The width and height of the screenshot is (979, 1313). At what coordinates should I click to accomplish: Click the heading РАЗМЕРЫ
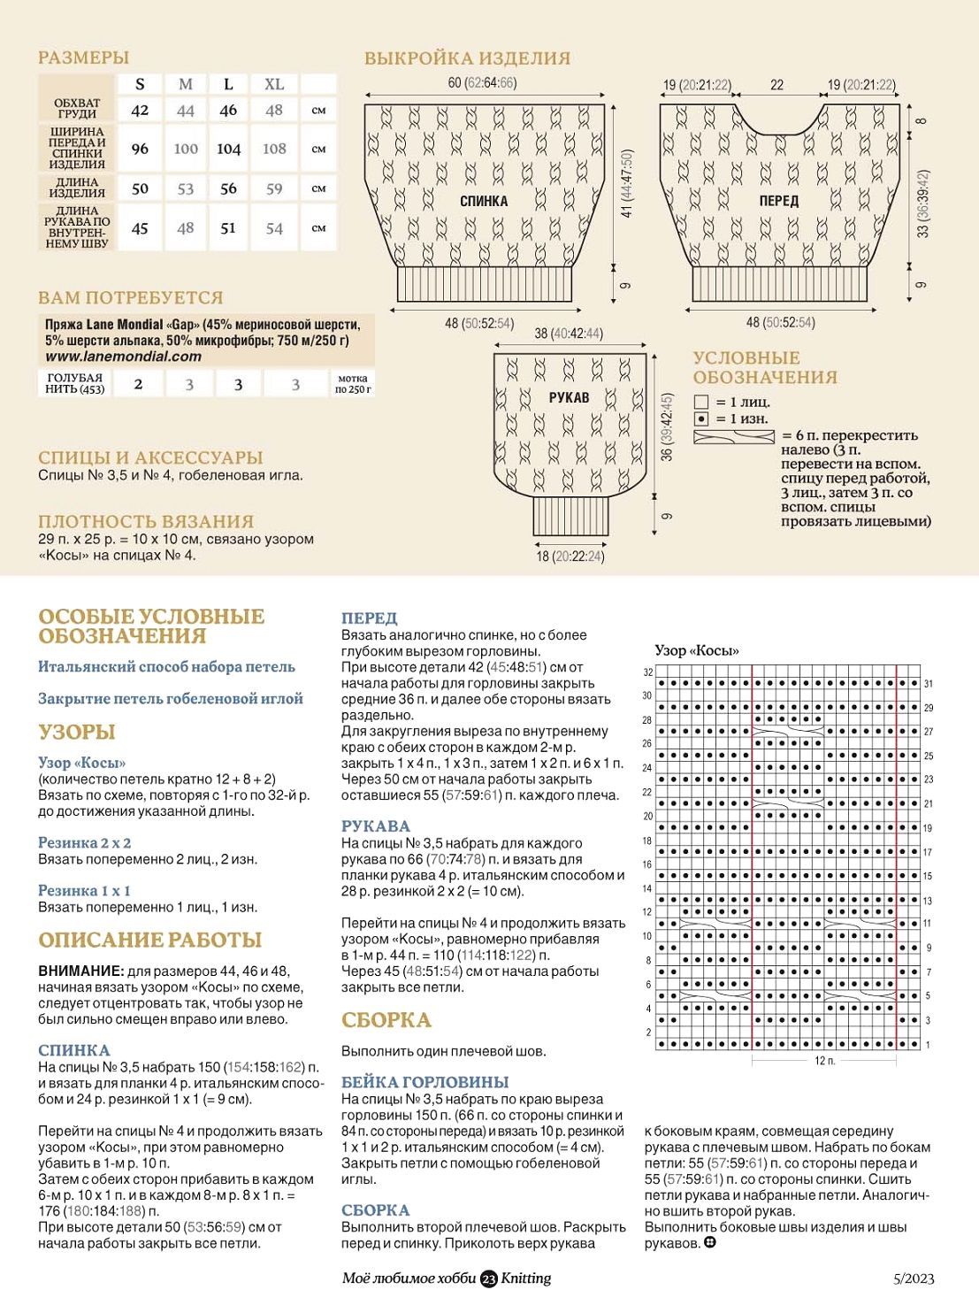83,58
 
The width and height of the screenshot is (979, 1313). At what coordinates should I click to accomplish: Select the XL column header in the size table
274,84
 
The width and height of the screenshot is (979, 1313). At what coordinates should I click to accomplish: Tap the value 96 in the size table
140,149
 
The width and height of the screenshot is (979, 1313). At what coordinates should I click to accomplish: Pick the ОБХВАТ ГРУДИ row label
78,109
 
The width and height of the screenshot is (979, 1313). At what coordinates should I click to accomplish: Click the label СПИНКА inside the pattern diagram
484,202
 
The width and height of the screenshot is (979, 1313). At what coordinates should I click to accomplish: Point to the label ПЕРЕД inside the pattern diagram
778,202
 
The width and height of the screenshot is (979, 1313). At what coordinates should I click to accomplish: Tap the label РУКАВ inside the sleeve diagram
569,397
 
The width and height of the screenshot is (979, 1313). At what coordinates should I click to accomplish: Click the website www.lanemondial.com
124,357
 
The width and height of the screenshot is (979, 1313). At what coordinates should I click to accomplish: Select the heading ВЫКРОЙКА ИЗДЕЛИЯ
467,58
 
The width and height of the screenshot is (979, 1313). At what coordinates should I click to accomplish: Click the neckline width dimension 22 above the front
776,85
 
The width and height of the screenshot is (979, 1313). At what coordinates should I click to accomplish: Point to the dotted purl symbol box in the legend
701,418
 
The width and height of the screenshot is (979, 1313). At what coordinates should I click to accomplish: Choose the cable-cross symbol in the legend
733,437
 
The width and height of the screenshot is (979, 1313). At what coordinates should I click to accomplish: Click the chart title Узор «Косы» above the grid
697,650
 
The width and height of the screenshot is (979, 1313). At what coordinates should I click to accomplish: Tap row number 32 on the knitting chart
648,672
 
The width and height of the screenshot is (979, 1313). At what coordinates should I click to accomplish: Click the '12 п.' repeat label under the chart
824,1060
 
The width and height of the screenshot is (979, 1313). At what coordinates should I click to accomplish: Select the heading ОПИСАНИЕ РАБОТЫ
150,940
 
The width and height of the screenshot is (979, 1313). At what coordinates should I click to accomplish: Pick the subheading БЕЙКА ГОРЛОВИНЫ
424,1082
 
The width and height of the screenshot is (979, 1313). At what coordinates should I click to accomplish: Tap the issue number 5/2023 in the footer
914,1278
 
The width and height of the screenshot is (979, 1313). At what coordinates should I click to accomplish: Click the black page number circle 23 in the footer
489,1278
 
